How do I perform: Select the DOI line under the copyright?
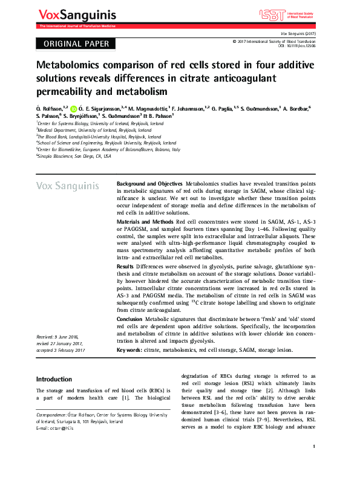[296, 45]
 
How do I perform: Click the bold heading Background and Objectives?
[149, 183]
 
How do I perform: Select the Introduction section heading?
[54, 379]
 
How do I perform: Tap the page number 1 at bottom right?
[315, 463]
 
